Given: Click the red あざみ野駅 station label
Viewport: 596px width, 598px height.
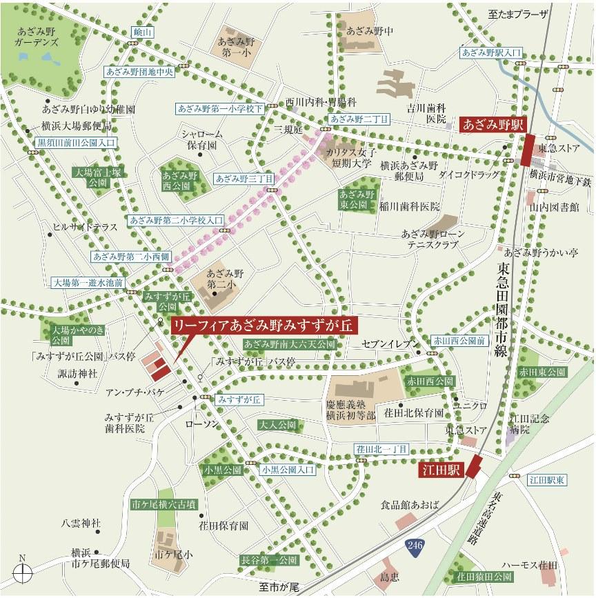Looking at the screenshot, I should pos(495,125).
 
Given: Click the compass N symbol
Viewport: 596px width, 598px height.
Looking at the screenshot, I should pos(23,570).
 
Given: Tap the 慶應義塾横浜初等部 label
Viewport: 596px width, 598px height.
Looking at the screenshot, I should pos(351,410).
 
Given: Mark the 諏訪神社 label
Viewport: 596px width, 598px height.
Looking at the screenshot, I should pos(77,373).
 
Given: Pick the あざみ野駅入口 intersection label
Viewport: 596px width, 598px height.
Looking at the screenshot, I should pos(493,52).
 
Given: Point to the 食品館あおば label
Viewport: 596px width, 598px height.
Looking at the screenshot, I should pos(410,506).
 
